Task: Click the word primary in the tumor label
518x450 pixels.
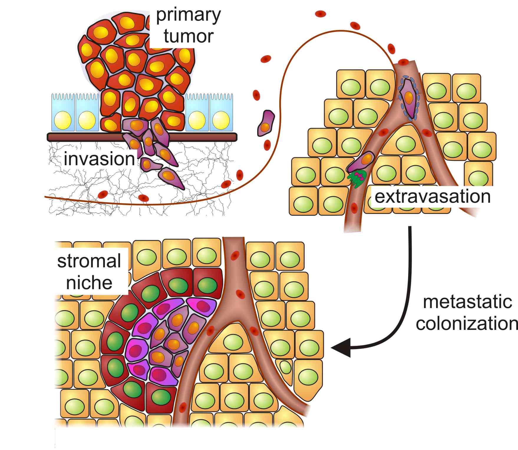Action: coord(188,15)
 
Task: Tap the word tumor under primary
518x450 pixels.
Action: coord(188,36)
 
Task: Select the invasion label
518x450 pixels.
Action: coord(99,159)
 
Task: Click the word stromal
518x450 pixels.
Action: coord(89,261)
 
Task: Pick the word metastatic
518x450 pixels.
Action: coord(467,302)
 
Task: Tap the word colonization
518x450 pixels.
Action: coord(467,323)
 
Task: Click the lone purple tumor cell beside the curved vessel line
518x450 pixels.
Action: coord(266,123)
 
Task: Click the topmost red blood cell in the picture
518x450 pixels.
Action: coord(321,14)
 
